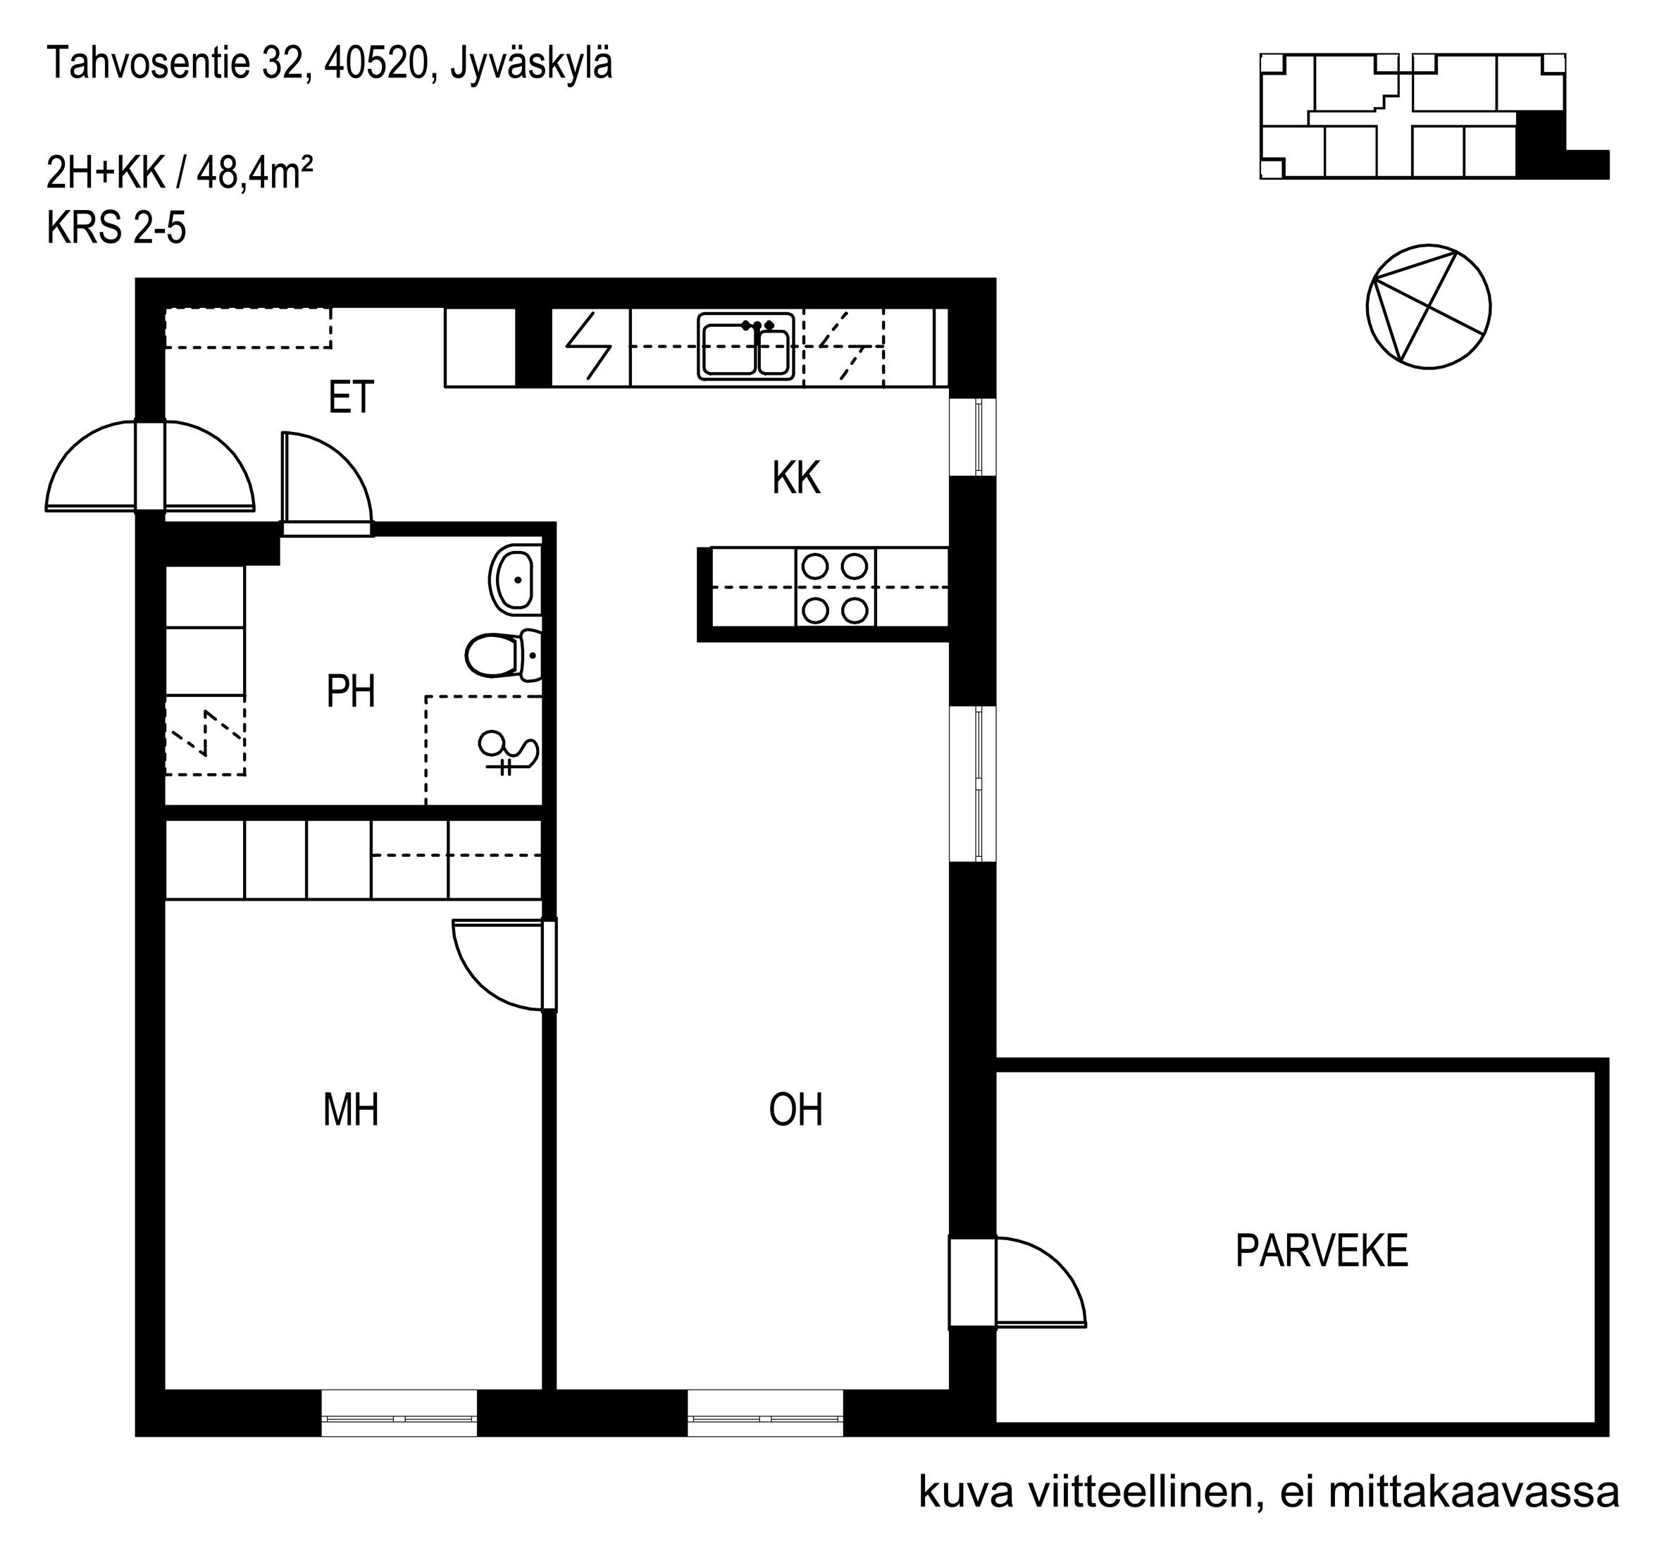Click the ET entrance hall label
pyautogui.click(x=351, y=397)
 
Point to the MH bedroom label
pyautogui.click(x=351, y=1109)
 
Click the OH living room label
pyautogui.click(x=795, y=1109)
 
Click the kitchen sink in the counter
pyautogui.click(x=746, y=347)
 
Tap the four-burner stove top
pyautogui.click(x=835, y=588)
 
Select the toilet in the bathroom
pyautogui.click(x=503, y=655)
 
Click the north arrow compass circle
pyautogui.click(x=1428, y=307)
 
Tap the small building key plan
pyautogui.click(x=1434, y=116)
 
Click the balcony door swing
pyautogui.click(x=1041, y=1282)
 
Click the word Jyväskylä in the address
pyautogui.click(x=531, y=64)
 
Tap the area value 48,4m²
pyautogui.click(x=255, y=173)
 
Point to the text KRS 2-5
pyautogui.click(x=116, y=227)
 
